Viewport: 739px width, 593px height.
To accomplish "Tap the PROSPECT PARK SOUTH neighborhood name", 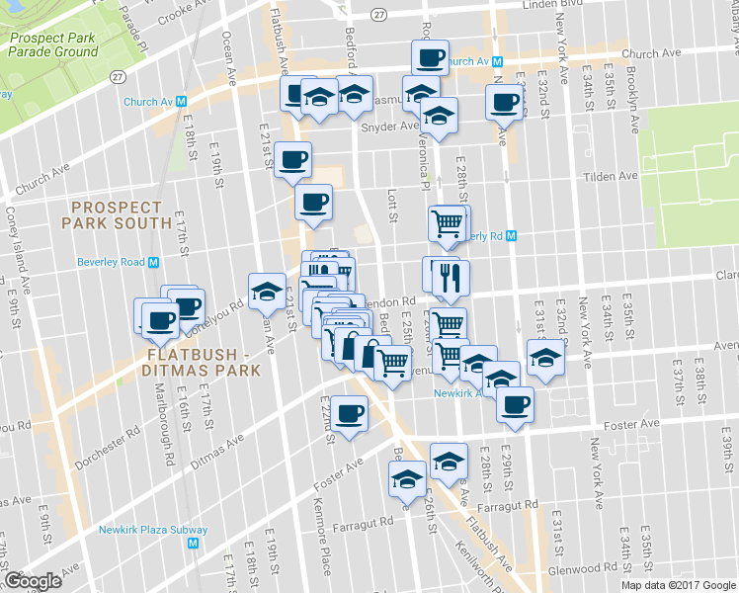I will point(117,214).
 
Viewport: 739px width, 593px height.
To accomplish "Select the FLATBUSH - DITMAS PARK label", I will point(203,362).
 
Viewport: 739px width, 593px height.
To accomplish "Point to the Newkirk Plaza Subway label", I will point(148,529).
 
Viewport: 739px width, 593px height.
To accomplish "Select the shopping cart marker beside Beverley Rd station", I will point(449,224).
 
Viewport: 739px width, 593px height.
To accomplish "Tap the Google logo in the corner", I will point(34,581).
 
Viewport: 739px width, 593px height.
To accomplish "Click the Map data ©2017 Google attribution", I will point(679,584).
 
